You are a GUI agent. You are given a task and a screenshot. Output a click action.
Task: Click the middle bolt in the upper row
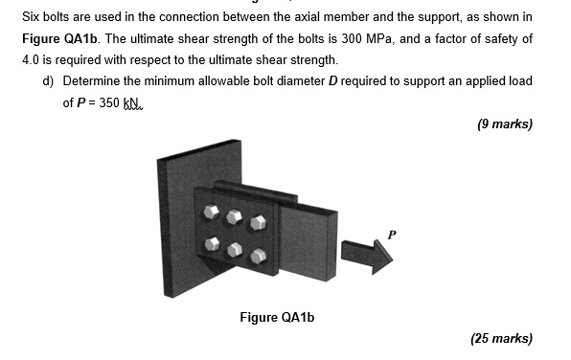click(234, 216)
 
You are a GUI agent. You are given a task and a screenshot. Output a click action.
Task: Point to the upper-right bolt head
click(257, 223)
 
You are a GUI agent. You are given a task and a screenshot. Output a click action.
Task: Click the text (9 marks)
click(502, 124)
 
